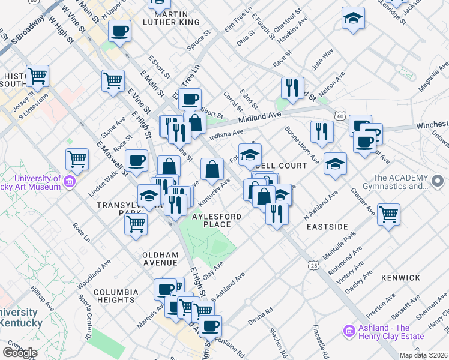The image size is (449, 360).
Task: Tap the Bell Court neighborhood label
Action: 284,164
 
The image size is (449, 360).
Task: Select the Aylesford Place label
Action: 216,220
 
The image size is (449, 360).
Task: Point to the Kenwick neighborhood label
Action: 400,278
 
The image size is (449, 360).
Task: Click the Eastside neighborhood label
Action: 327,227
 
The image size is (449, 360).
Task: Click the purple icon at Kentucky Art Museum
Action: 70,181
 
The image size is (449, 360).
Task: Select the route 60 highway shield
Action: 340,115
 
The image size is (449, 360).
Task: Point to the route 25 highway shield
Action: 313,265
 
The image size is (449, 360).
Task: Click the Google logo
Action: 20,352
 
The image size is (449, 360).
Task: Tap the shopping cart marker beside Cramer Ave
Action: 389,214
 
